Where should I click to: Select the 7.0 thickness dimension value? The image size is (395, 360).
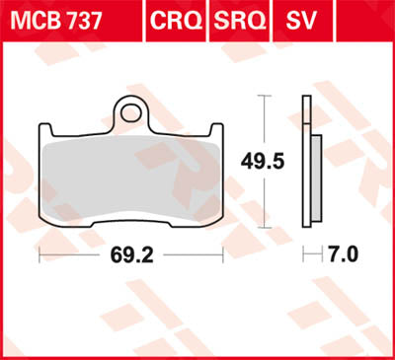pos(342,255)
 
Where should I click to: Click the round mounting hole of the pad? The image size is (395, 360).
pos(129,110)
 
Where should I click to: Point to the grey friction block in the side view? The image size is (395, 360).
pos(314,178)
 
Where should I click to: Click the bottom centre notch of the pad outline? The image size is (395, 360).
pos(129,227)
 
